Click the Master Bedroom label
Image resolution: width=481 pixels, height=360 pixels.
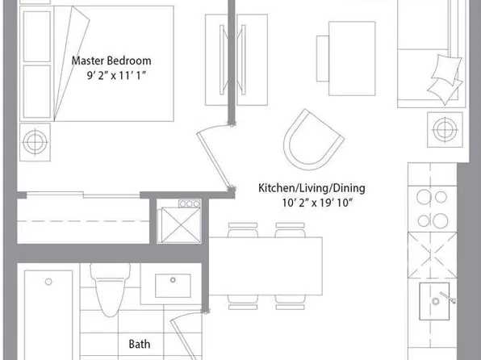111,61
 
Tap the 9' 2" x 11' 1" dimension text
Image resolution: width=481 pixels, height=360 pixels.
116,75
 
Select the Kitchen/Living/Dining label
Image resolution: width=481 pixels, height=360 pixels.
312,188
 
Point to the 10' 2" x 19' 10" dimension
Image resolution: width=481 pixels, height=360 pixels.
317,203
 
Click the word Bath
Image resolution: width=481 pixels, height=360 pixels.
140,344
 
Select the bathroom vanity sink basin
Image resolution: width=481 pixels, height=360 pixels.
173,286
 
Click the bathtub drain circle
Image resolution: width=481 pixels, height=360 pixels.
48,282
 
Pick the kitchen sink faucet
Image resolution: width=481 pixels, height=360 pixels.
448,297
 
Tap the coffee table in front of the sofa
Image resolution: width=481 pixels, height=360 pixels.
352,58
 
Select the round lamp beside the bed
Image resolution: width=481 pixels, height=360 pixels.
35,142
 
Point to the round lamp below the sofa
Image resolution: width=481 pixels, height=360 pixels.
445,129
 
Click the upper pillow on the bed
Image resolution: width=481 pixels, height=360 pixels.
37,36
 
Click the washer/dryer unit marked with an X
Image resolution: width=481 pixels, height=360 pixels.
179,225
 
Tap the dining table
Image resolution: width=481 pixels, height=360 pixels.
266,266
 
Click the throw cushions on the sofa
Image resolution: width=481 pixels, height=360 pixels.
445,79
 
